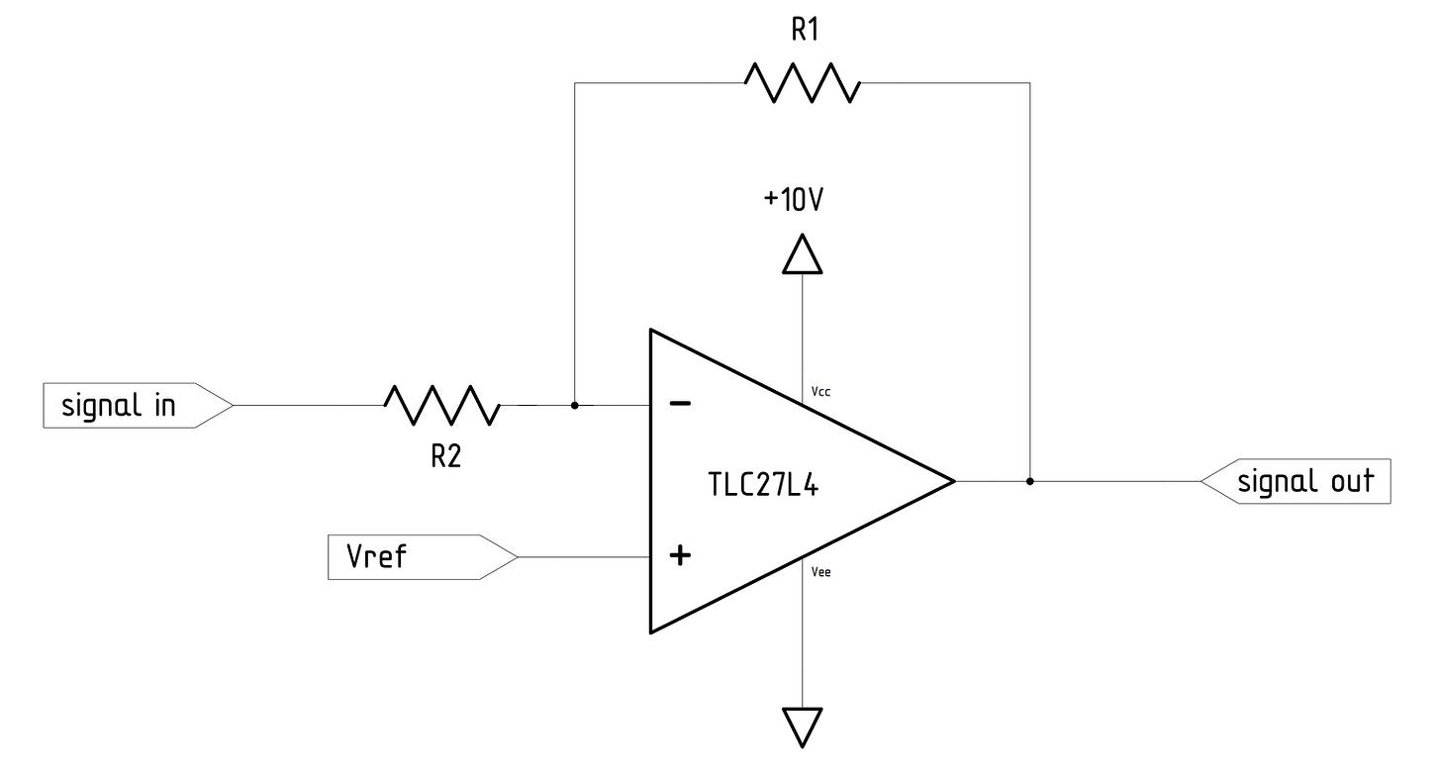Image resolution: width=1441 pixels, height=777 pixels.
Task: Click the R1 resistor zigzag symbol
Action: [803, 82]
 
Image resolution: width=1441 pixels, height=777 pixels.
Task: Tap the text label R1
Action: [803, 30]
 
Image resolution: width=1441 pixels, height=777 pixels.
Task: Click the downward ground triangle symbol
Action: [803, 726]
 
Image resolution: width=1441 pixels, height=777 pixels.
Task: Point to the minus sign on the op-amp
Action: [680, 404]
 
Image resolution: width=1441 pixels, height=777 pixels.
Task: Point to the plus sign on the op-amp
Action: [680, 556]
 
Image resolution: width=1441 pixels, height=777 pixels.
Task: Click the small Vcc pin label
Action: [820, 392]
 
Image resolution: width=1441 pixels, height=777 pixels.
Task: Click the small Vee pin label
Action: [820, 571]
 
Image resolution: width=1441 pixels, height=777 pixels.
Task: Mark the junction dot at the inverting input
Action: [575, 405]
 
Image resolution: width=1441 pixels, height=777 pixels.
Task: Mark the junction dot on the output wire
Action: [1029, 482]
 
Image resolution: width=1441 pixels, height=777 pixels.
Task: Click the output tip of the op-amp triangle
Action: [952, 481]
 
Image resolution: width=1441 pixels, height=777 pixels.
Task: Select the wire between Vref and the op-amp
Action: [584, 557]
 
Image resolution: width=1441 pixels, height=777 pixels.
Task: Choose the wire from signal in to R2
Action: [307, 405]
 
